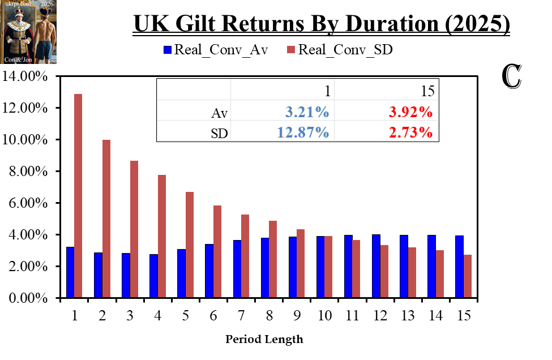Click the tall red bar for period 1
pos(78,195)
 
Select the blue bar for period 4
pos(153,276)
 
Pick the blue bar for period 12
pos(376,266)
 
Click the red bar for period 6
pos(217,251)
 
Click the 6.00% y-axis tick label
pos(27,203)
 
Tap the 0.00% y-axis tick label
pos(27,298)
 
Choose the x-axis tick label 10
pos(324,316)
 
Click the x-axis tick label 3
pos(130,316)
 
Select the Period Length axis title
pos(264,340)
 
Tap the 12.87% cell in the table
pos(303,132)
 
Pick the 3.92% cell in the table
pos(411,112)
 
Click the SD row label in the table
pos(220,133)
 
